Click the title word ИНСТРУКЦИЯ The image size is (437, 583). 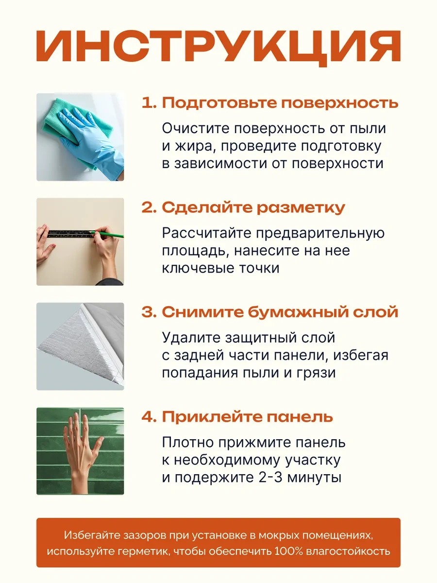coord(218,48)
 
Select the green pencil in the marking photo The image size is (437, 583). coord(107,234)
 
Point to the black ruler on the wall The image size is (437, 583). coord(71,234)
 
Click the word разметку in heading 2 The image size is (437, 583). coord(301,208)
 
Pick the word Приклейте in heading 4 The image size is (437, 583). coord(212,417)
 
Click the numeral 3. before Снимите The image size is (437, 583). coord(149,312)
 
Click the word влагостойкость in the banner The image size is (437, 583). coord(348,551)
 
